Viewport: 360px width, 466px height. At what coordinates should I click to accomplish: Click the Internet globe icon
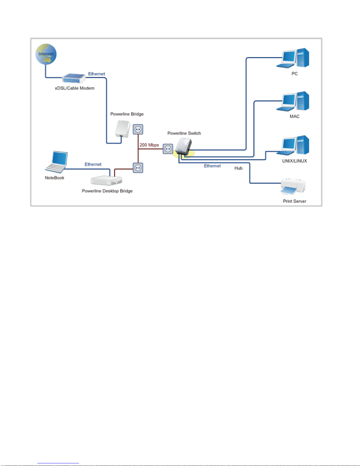46,54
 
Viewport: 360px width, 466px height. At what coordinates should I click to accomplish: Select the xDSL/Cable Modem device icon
73,78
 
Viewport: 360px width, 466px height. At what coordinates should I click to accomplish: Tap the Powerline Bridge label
127,114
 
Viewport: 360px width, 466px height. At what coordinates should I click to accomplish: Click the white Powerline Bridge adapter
123,129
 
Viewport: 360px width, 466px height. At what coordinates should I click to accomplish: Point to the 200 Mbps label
149,145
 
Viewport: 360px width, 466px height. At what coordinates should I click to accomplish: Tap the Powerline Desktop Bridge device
106,180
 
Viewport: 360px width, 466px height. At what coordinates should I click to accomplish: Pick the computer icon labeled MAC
293,101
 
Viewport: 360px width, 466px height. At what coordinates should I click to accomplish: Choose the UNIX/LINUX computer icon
293,145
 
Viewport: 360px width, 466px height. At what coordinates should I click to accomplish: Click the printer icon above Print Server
293,187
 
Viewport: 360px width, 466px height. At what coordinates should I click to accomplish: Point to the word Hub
238,168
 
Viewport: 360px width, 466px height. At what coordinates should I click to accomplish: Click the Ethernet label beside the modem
96,74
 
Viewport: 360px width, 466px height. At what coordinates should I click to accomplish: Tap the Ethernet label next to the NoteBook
93,164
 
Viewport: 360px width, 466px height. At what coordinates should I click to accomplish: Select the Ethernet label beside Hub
212,166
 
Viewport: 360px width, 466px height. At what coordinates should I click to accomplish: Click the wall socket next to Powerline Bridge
138,129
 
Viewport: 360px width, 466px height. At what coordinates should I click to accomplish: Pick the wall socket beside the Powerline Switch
168,149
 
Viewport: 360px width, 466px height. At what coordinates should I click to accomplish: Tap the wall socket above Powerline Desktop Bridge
138,168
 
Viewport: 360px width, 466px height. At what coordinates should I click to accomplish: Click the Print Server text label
294,201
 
